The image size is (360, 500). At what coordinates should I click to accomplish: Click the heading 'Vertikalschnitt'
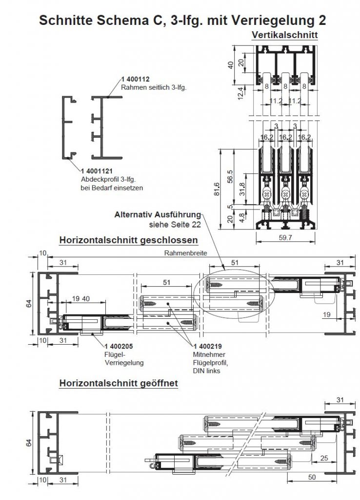click(x=285, y=35)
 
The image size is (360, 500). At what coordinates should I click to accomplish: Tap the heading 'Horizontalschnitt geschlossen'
click(x=128, y=240)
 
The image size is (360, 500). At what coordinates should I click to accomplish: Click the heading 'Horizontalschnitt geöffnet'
click(x=118, y=383)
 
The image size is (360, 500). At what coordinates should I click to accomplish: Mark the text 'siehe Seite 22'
click(x=175, y=224)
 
